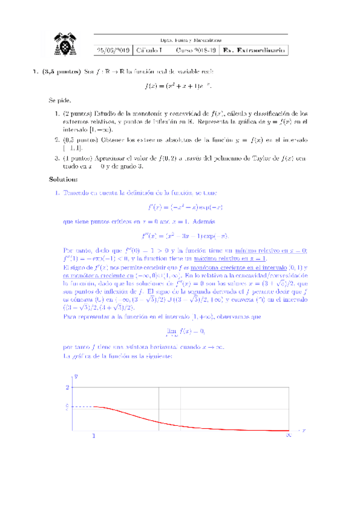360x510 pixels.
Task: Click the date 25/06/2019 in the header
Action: pos(114,50)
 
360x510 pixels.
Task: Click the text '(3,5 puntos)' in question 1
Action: pos(59,72)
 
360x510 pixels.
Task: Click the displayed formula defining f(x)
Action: pos(178,86)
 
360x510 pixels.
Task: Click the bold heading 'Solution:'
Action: pos(63,179)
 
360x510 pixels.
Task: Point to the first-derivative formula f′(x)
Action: pos(178,207)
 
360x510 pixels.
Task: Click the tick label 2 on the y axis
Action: pos(67,387)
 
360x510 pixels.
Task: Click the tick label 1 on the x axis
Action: pos(94,435)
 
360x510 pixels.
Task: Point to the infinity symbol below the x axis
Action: pos(288,435)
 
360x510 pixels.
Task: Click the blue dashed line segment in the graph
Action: pos(82,408)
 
